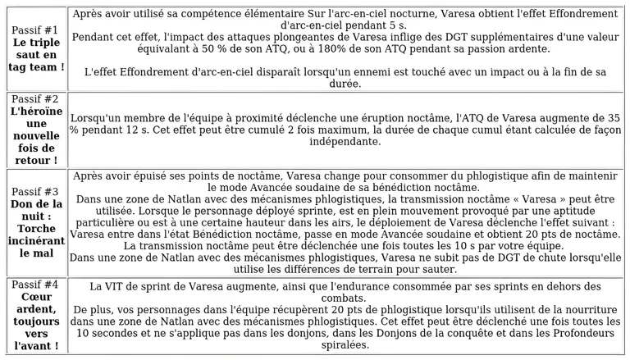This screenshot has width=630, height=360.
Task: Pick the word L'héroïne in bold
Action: coord(34,110)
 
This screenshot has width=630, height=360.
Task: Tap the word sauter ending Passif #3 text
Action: coord(413,268)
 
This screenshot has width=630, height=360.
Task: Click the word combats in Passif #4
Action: coord(345,298)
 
